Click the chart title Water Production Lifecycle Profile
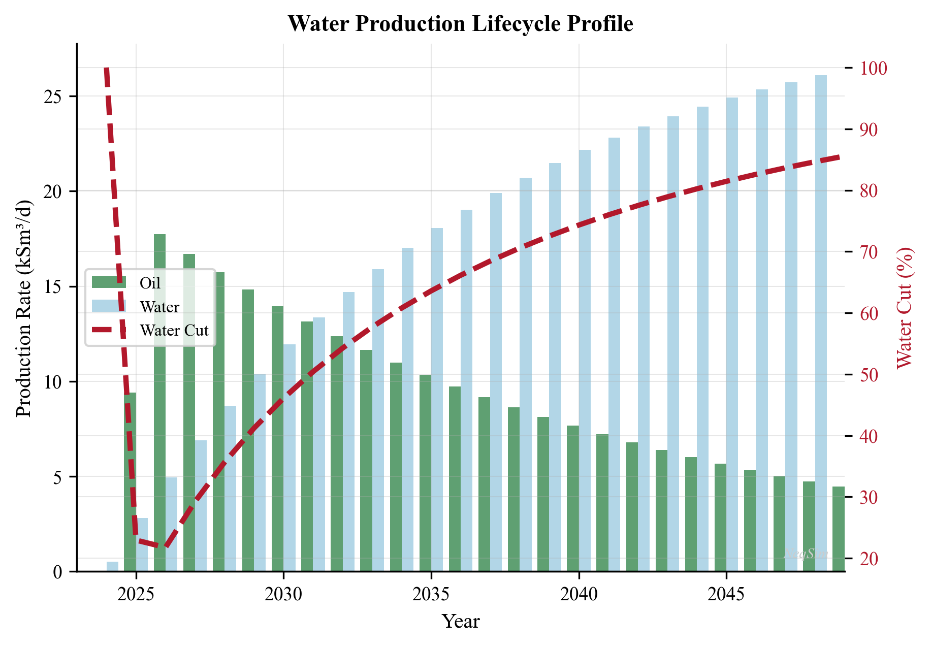coord(460,24)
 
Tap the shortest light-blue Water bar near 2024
coord(112,566)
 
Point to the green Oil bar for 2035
coord(425,472)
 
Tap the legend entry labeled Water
coord(159,307)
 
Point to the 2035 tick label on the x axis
coord(431,595)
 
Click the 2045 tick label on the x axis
coord(726,595)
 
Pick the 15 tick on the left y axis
coord(53,287)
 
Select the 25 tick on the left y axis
coord(53,96)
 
